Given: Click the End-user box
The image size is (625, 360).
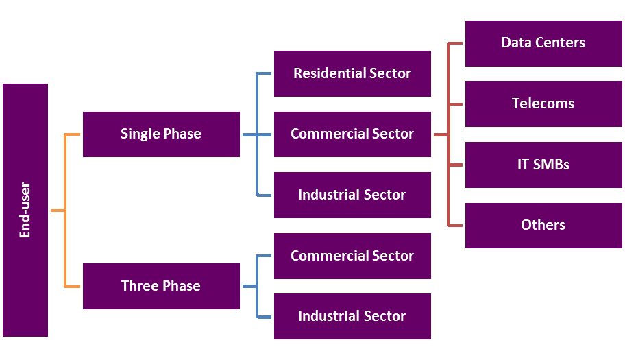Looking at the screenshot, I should coord(25,210).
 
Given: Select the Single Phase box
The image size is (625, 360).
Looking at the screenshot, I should coord(161,134).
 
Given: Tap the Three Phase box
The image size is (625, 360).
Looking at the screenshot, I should coord(161,286).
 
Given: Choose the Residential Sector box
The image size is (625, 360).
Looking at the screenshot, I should coord(352,73).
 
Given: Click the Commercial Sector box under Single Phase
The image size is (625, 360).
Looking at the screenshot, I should coord(352,134).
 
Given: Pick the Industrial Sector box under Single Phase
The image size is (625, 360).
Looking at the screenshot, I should coord(352,195).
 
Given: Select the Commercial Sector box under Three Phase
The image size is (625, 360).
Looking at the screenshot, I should coord(352,256).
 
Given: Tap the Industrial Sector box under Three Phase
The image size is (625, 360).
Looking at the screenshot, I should coord(352,316).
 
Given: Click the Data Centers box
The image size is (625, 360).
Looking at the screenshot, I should coord(543,43).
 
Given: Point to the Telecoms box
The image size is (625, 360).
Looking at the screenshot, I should coord(543,104).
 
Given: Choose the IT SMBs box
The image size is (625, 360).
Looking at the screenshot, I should coord(543,165).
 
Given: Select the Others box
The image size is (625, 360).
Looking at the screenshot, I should coord(543,225).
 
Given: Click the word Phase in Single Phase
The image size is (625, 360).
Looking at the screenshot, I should coord(182,134).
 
